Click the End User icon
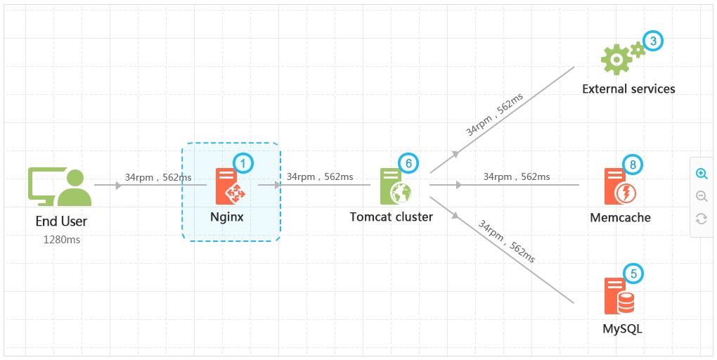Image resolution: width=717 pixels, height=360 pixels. [60, 186]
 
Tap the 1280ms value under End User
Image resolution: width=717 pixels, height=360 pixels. [62, 240]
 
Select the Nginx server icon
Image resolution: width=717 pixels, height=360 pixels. [231, 186]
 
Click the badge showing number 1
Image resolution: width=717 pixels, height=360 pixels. [243, 163]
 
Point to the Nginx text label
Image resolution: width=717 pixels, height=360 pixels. [227, 217]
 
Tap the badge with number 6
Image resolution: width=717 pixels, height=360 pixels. [408, 163]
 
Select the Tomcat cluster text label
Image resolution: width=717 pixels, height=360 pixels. [392, 217]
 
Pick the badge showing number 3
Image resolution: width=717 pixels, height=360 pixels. [653, 41]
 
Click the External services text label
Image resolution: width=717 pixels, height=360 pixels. [628, 89]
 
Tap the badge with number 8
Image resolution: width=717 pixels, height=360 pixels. [633, 165]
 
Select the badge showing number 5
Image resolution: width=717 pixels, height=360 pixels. [633, 274]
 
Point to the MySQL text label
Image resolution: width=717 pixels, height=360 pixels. [622, 329]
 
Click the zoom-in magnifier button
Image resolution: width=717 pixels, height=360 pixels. [702, 174]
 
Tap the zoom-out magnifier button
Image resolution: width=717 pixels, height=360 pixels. [702, 196]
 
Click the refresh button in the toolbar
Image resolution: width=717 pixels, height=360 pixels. [702, 219]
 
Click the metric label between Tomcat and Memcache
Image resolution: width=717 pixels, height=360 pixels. [517, 176]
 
